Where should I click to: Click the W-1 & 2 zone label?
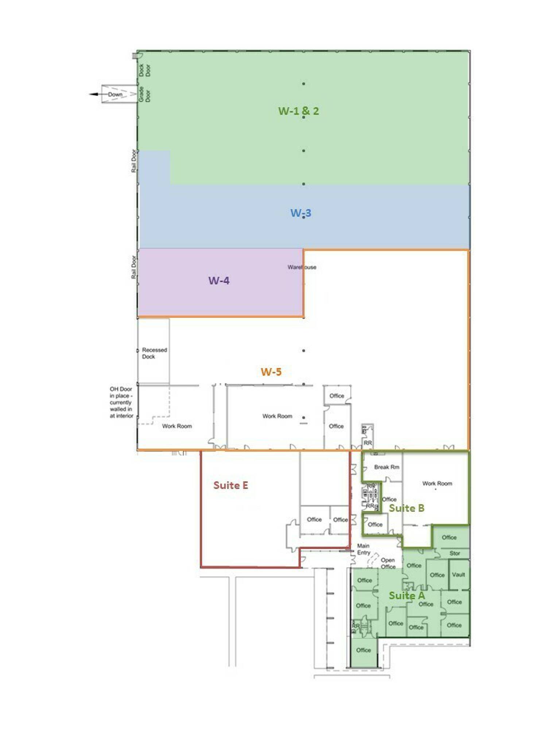click(x=298, y=111)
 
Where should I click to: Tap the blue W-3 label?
click(x=300, y=213)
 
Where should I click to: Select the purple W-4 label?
click(x=219, y=281)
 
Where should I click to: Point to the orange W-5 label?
click(x=271, y=372)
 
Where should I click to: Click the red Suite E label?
click(x=230, y=485)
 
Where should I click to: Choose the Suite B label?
click(x=406, y=508)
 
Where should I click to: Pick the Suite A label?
click(x=406, y=596)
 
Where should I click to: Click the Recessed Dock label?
click(x=154, y=353)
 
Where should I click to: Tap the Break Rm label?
click(x=387, y=467)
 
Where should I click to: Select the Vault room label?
click(x=458, y=575)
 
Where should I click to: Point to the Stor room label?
click(x=454, y=553)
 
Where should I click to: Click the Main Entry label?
click(x=364, y=549)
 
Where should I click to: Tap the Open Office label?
click(x=388, y=563)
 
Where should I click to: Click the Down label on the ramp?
click(x=115, y=94)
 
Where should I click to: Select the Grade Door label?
click(x=144, y=94)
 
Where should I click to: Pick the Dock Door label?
click(x=144, y=70)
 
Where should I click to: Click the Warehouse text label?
click(x=302, y=267)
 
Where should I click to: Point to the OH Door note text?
click(x=121, y=402)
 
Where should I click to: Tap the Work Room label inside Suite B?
click(x=437, y=483)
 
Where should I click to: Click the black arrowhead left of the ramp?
click(x=94, y=94)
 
